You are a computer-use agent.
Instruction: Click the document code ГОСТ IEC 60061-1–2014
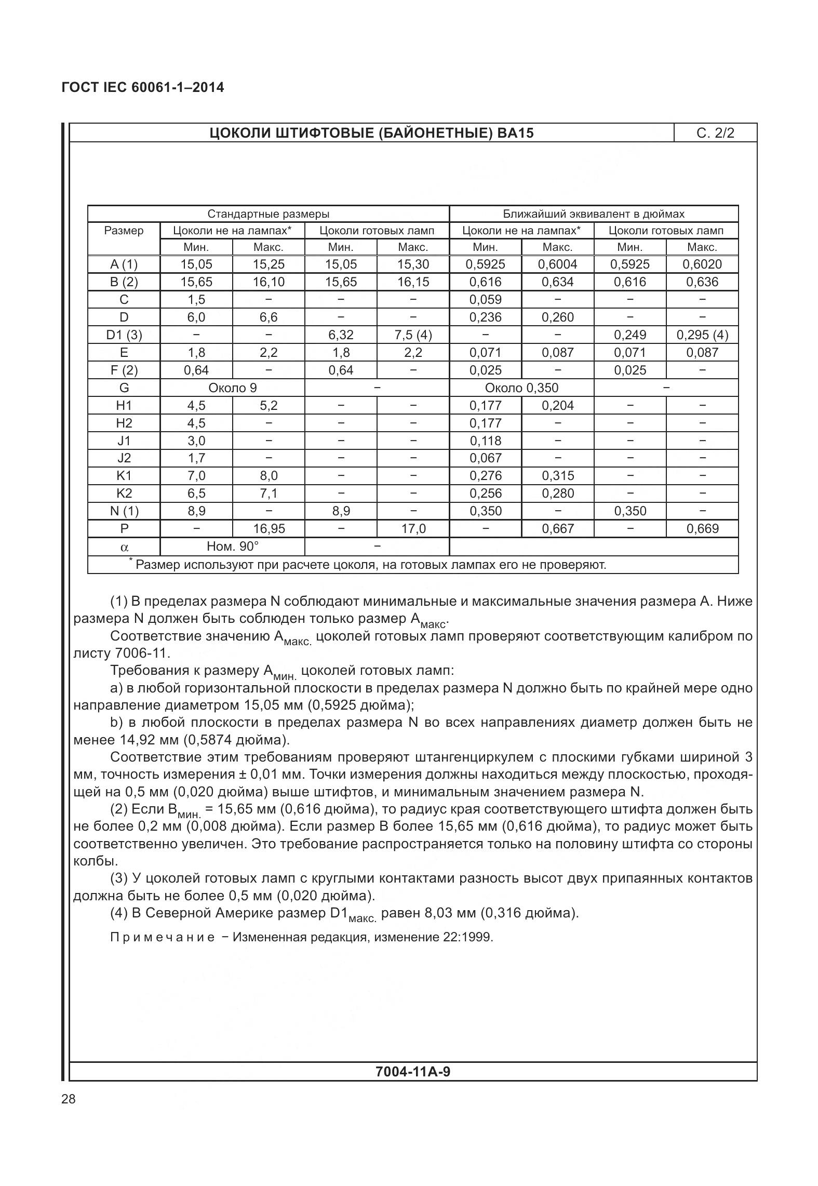tap(143, 87)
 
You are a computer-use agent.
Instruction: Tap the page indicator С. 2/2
tap(715, 133)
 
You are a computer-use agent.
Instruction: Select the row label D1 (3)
tap(124, 335)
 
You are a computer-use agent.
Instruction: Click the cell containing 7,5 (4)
tap(413, 335)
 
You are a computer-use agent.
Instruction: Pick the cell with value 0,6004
tap(557, 264)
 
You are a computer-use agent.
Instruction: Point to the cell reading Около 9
tap(232, 388)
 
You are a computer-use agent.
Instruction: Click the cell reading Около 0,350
tap(521, 388)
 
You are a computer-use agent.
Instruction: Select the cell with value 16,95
tap(269, 528)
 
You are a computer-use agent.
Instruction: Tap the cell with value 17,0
tap(413, 528)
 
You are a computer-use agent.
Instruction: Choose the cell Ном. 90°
tap(232, 546)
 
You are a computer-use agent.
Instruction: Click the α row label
tap(124, 547)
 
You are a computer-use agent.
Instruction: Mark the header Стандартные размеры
tap(268, 214)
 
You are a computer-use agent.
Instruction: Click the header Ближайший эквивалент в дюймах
tap(594, 214)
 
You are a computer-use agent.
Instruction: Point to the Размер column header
tap(124, 230)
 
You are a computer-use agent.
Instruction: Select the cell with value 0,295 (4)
tap(702, 335)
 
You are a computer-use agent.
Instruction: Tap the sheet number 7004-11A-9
tap(413, 1071)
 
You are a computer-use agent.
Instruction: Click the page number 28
tap(68, 1099)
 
